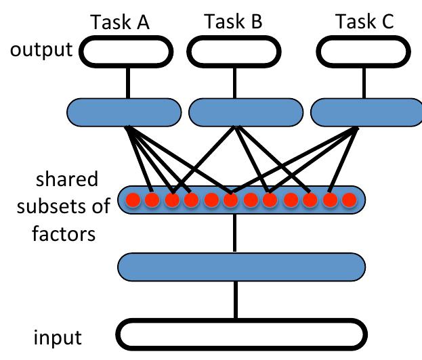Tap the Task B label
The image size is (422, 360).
click(234, 22)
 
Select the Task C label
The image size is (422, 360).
click(365, 22)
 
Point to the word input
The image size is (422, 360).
click(58, 336)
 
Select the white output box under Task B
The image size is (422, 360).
click(236, 51)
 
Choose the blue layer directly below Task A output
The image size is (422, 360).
click(125, 112)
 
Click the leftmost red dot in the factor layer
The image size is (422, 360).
click(133, 200)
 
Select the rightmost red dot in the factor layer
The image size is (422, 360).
click(349, 200)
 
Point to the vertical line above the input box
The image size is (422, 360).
click(236, 300)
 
